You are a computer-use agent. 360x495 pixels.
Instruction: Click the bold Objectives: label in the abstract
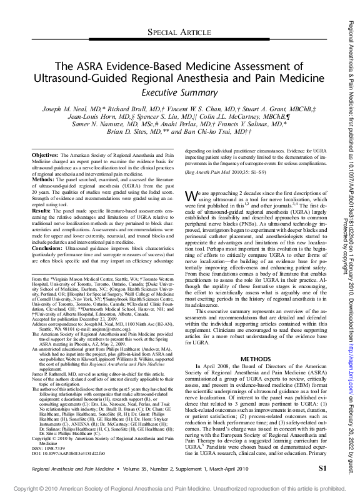point(44,154)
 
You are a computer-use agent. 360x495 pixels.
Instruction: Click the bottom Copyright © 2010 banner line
point(179,487)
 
